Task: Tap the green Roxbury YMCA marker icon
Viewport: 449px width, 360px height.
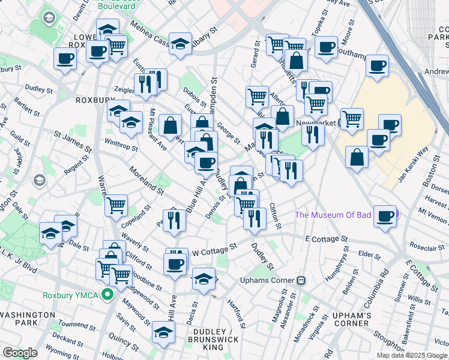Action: click(x=107, y=295)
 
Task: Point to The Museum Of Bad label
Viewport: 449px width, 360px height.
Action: click(x=333, y=215)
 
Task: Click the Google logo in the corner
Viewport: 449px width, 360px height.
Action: click(x=20, y=353)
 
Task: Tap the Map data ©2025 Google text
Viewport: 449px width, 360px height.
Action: click(x=412, y=355)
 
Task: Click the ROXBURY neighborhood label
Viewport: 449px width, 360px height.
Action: click(x=91, y=100)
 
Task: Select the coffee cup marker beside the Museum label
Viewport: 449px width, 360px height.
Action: click(x=384, y=215)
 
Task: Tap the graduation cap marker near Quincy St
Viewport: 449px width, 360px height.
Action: click(x=163, y=331)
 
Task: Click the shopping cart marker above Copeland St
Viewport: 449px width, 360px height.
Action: click(x=116, y=205)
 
